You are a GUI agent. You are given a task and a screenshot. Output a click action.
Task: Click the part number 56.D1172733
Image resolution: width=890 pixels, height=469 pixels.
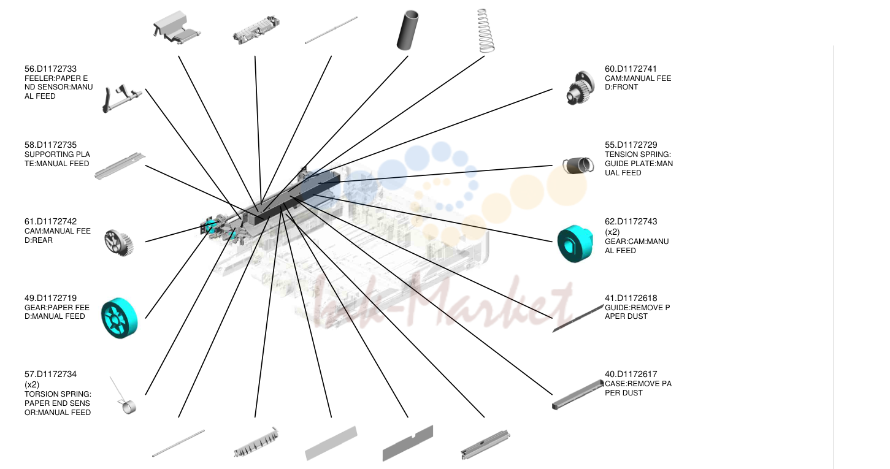tap(50, 69)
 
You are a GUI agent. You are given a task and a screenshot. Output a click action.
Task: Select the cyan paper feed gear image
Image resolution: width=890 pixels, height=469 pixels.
tap(119, 318)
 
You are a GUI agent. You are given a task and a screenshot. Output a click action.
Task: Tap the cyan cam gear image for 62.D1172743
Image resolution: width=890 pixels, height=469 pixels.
tap(575, 243)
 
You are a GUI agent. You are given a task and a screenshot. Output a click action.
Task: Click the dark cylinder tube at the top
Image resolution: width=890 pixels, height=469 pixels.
tap(408, 30)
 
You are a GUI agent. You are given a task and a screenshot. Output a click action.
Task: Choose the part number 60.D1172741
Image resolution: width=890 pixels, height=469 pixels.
tap(631, 69)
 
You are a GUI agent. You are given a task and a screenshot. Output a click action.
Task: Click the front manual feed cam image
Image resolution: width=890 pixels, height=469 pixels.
tap(580, 88)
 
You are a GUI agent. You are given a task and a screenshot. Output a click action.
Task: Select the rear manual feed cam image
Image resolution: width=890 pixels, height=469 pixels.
tap(119, 243)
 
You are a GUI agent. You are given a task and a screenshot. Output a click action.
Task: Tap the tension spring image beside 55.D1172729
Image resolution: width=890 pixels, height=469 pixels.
tap(578, 165)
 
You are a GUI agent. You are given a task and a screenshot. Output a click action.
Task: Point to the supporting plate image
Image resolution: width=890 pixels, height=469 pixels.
tap(120, 166)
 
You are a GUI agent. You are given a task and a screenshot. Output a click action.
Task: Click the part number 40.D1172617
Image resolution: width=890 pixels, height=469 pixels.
tap(631, 374)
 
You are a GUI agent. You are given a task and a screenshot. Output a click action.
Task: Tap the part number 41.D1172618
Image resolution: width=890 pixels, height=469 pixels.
tap(631, 298)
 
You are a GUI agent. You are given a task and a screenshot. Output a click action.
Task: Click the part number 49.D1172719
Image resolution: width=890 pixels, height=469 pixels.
tap(50, 298)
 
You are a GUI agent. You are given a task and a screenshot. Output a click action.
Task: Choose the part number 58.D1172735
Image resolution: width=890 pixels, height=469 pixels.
tap(50, 145)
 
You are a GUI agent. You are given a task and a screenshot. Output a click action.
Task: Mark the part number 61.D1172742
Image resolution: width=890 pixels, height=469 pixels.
tap(50, 221)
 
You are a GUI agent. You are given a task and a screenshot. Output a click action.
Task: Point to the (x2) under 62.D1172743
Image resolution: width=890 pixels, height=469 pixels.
tap(612, 232)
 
